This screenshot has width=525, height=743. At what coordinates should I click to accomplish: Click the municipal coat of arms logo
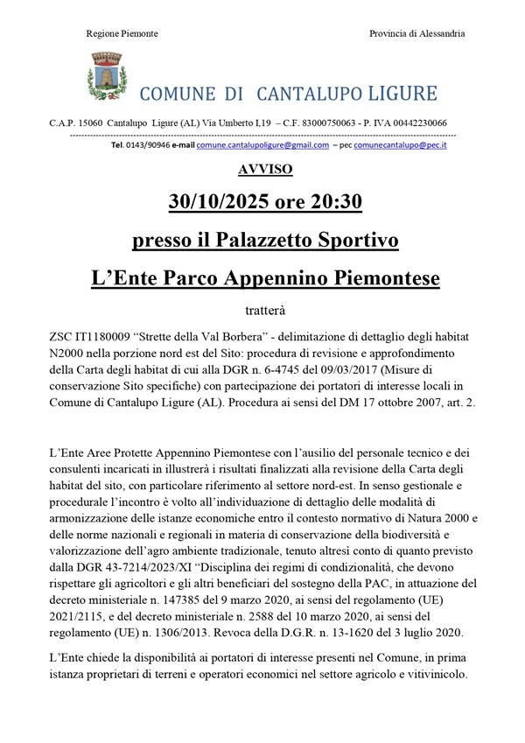105,77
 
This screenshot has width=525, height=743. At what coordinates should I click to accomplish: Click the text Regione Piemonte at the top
122,34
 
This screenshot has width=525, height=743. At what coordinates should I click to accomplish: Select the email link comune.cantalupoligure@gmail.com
262,145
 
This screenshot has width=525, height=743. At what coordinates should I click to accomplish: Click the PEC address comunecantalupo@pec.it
400,145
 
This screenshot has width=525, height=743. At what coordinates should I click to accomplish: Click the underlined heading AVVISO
263,169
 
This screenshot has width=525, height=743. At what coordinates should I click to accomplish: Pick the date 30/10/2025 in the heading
217,203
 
